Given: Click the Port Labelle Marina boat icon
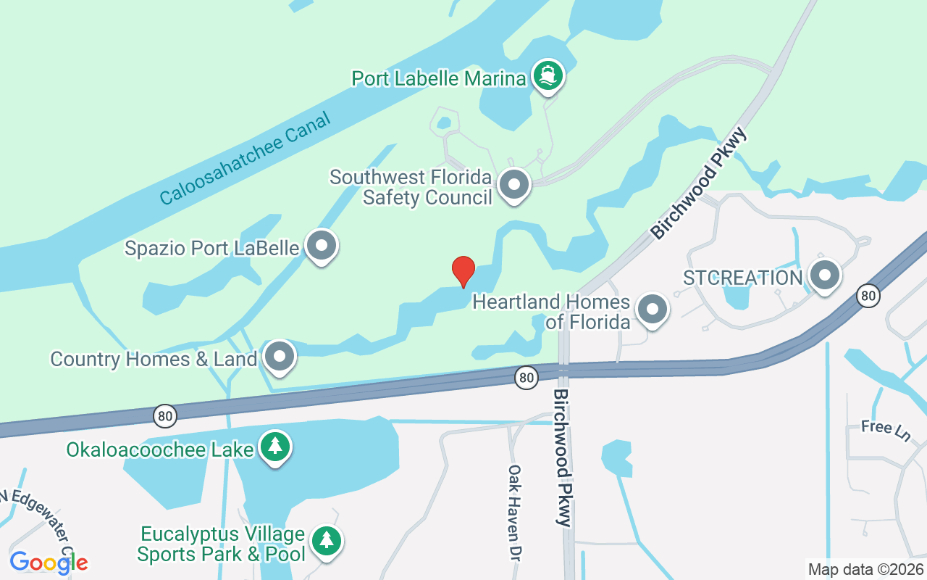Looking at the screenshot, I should tap(548, 75).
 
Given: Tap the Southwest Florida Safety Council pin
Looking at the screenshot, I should tap(514, 184).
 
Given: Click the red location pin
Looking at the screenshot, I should tap(463, 271).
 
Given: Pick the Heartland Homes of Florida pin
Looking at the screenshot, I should tap(652, 310).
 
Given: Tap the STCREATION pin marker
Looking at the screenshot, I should tap(823, 275).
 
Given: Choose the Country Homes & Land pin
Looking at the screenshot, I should tap(280, 356).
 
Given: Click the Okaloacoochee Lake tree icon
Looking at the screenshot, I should tap(275, 447).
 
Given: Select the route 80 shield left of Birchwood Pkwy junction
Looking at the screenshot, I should tap(527, 377).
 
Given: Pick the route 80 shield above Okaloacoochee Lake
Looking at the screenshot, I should tap(165, 415).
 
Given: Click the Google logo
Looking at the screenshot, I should tap(49, 563).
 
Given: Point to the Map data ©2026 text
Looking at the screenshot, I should tap(865, 569).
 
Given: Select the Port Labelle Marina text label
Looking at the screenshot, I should tap(438, 78).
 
